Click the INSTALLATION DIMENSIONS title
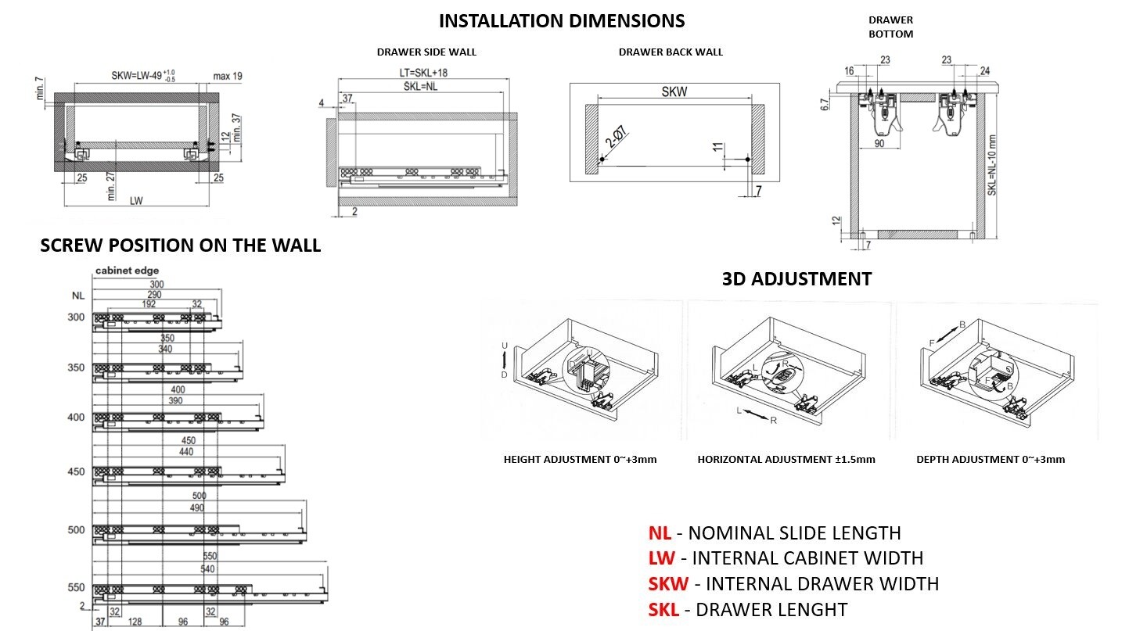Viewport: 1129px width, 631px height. coord(561,20)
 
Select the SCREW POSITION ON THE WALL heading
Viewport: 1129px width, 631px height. coord(180,245)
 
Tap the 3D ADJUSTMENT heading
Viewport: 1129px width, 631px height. coord(796,278)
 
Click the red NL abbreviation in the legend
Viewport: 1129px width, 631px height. coord(659,533)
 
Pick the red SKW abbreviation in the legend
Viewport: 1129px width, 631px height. coord(668,583)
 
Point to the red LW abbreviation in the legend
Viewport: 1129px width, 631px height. coord(661,558)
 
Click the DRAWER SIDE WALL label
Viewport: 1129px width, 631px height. coord(426,52)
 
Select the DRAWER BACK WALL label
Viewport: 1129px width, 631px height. coord(671,52)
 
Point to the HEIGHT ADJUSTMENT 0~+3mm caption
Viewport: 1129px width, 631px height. coord(580,460)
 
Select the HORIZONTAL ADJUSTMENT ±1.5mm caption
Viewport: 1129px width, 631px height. coord(786,460)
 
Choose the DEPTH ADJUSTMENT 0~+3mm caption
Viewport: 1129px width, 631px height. coord(991,460)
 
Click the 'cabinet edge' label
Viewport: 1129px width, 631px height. coord(127,271)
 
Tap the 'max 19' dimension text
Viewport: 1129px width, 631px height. coord(228,76)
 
